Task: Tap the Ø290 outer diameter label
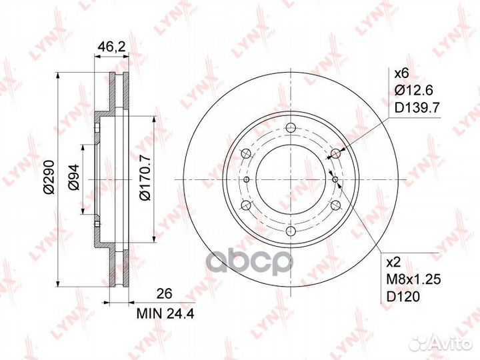pyautogui.click(x=49, y=177)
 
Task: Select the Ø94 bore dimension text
pyautogui.click(x=73, y=177)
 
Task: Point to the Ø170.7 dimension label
pyautogui.click(x=145, y=177)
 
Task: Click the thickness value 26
pyautogui.click(x=165, y=293)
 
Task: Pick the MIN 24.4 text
pyautogui.click(x=165, y=313)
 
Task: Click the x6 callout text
pyautogui.click(x=402, y=73)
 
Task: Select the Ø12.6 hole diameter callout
pyautogui.click(x=413, y=91)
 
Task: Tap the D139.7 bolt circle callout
pyautogui.click(x=417, y=108)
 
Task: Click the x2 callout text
pyautogui.click(x=394, y=263)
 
